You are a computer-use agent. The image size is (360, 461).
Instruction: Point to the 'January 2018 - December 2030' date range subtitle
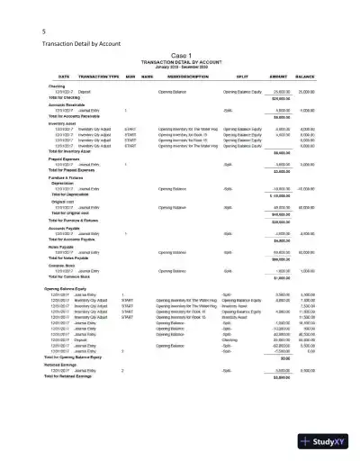pos(181,66)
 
